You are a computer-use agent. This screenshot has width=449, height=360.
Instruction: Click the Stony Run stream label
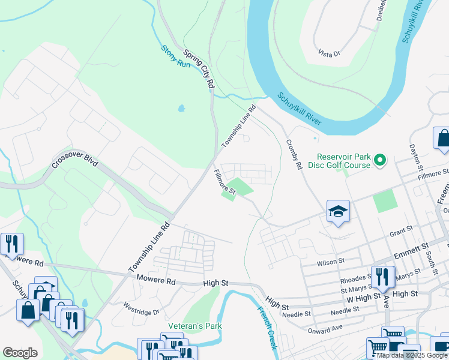point(175,56)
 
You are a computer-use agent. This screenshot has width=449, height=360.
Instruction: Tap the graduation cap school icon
point(338,211)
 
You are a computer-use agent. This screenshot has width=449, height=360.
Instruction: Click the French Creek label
point(267,328)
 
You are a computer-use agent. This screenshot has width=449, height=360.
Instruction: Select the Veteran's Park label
point(194,326)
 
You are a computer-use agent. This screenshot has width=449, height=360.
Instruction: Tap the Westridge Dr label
point(142,312)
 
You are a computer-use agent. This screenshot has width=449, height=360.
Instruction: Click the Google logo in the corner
point(20,352)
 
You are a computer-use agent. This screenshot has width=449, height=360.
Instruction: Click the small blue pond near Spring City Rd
point(181,109)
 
